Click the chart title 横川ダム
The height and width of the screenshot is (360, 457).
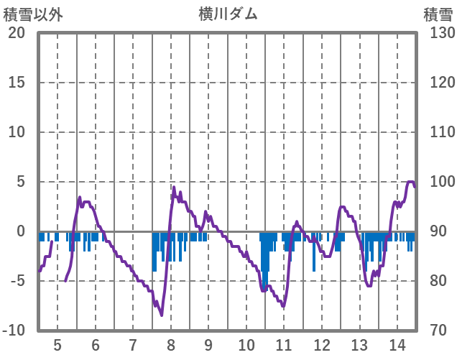pos(228,14)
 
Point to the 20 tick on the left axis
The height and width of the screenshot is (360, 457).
pos(17,33)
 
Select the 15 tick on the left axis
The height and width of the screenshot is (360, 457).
pos(17,83)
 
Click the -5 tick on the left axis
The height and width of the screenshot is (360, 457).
pos(17,281)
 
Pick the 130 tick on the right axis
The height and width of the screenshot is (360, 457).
pos(439,33)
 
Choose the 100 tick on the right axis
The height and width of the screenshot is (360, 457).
pos(439,182)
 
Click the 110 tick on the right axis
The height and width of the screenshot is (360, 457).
pos(439,132)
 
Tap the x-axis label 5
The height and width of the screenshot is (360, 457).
pos(57,344)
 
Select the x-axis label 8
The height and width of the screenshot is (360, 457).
pos(171,344)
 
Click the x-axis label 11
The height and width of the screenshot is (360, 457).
pos(285,344)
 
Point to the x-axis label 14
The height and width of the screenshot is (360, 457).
pos(397,344)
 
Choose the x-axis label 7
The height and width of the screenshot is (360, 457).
pos(133,344)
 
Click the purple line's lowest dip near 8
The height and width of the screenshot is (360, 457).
pos(162,315)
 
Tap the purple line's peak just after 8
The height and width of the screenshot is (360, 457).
pos(174,188)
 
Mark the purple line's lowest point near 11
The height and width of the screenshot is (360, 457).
pos(284,307)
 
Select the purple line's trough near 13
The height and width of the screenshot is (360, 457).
pos(369,285)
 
